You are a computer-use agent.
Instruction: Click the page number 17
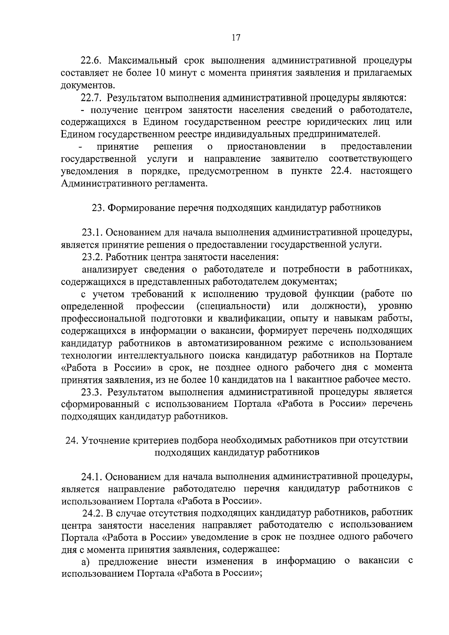pos(236,37)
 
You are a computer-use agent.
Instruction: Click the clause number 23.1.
pos(92,232)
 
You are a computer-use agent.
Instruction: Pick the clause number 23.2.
pos(92,257)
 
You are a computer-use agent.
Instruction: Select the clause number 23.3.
pos(92,392)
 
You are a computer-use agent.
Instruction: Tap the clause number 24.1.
pos(92,477)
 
